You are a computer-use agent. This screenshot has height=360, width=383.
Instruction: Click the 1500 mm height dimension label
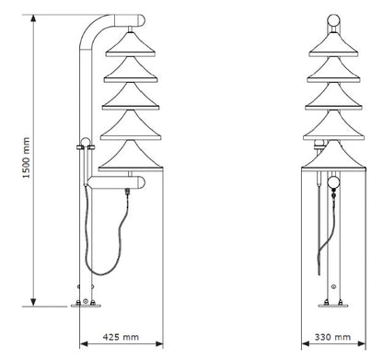[27, 157]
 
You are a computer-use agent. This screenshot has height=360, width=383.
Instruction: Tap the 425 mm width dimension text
[121, 337]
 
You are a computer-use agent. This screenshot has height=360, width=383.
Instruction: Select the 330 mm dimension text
[332, 337]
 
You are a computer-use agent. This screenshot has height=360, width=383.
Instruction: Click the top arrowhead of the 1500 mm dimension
[33, 18]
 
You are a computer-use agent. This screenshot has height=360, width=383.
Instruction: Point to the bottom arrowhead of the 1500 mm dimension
[33, 302]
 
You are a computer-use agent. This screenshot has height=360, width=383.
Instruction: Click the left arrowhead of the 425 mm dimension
[84, 343]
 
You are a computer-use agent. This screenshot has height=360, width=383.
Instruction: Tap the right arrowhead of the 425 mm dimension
[159, 343]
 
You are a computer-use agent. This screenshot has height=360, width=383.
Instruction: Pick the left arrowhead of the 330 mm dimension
[306, 343]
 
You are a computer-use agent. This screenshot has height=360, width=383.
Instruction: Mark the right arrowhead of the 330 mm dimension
[362, 343]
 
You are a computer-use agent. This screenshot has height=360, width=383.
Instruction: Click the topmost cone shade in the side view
[131, 45]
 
